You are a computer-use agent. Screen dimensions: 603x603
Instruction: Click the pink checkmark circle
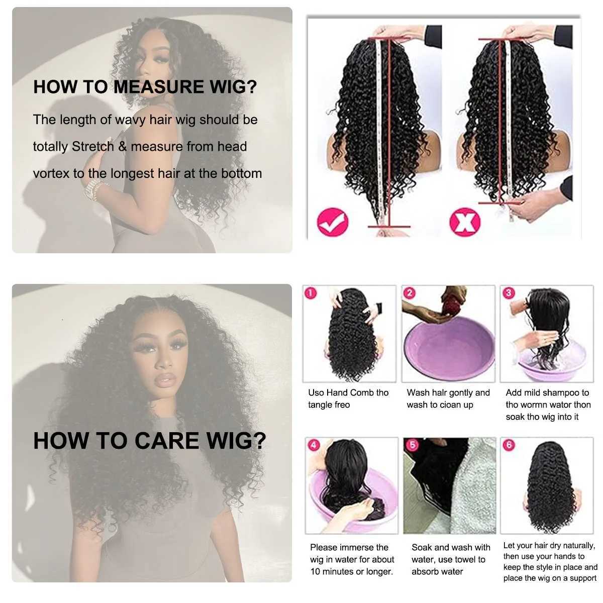(x=332, y=221)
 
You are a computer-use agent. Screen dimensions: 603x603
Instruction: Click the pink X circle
(x=465, y=221)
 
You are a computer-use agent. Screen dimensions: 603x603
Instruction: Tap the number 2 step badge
(x=410, y=293)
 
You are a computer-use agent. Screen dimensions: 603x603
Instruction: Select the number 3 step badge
(x=509, y=293)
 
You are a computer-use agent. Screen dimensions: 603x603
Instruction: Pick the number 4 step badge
(x=314, y=445)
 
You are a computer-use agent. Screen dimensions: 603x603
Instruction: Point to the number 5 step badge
(x=412, y=445)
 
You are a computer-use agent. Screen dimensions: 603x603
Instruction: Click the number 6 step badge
(x=510, y=445)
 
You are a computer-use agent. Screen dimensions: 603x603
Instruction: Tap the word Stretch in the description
(x=93, y=147)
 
